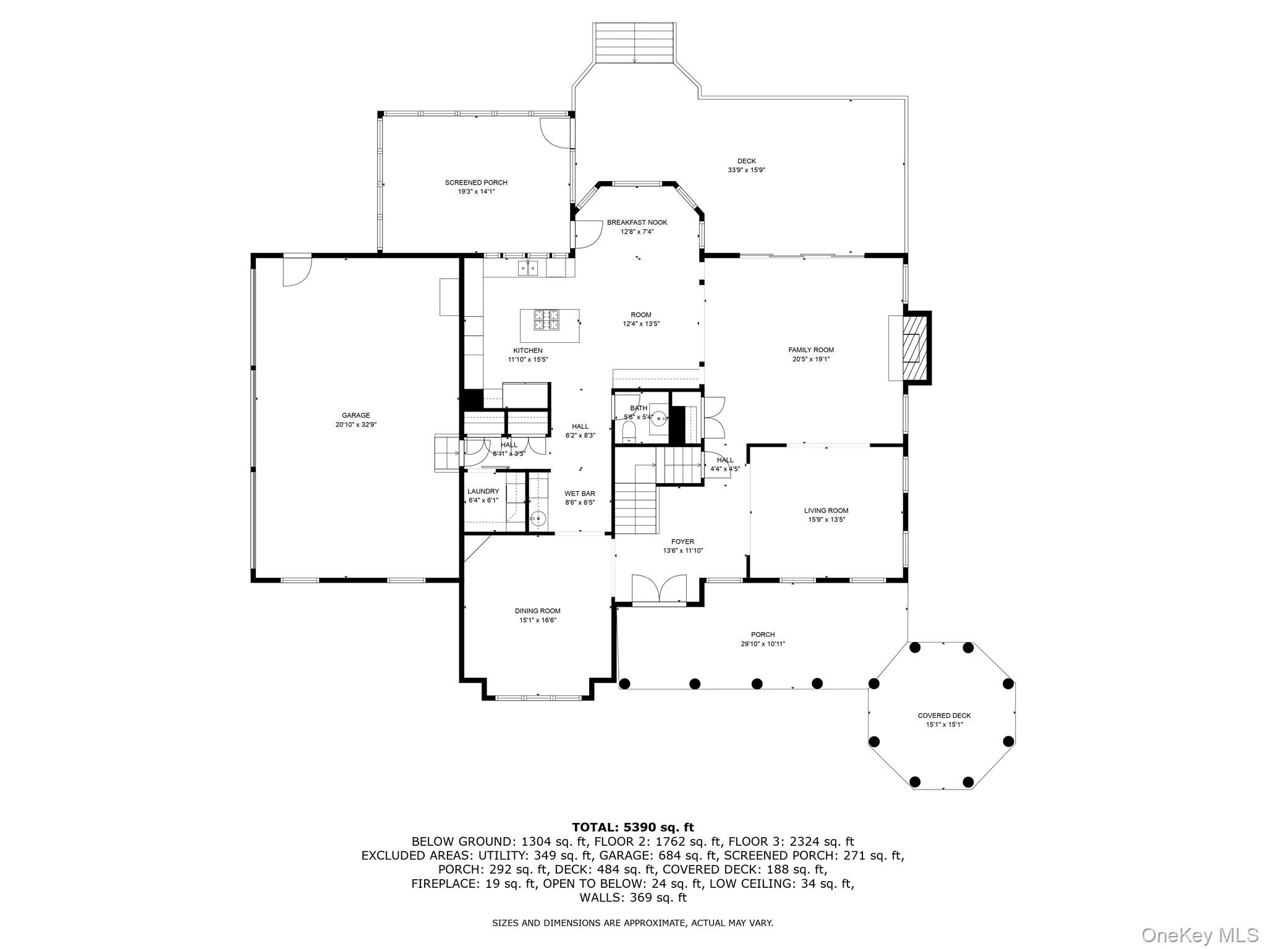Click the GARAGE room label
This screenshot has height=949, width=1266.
pyautogui.click(x=355, y=415)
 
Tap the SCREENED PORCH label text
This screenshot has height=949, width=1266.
pyautogui.click(x=476, y=182)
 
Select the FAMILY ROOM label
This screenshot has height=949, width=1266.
pyautogui.click(x=811, y=350)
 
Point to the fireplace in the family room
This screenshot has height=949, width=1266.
pyautogui.click(x=912, y=348)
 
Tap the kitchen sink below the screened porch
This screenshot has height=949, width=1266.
pyautogui.click(x=528, y=268)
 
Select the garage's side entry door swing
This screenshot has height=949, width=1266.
pyautogui.click(x=296, y=271)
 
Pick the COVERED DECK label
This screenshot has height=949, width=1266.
pyautogui.click(x=944, y=715)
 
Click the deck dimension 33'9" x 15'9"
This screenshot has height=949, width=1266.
pyautogui.click(x=746, y=170)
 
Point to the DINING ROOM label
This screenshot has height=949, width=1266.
pyautogui.click(x=537, y=611)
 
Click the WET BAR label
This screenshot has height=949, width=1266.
pyautogui.click(x=579, y=493)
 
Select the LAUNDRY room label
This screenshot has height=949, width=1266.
pyautogui.click(x=483, y=491)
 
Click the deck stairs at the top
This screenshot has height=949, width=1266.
pyautogui.click(x=634, y=43)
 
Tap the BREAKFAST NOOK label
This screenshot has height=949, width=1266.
pyautogui.click(x=637, y=222)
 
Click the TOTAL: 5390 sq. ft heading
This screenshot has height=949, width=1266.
pyautogui.click(x=632, y=827)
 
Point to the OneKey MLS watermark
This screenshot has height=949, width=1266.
pyautogui.click(x=1199, y=935)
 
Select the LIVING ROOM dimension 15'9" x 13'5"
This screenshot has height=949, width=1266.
pyautogui.click(x=826, y=520)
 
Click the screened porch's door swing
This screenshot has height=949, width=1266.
pyautogui.click(x=554, y=132)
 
